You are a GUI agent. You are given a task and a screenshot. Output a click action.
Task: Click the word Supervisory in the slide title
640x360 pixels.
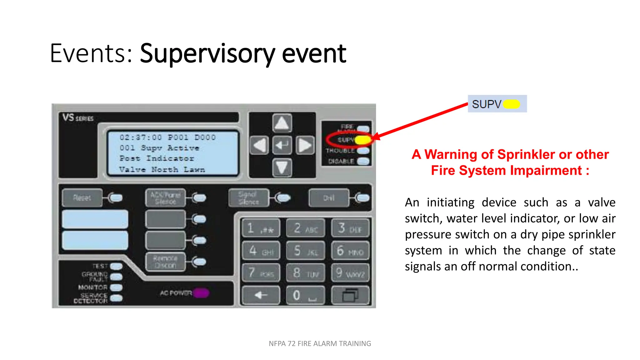click(207, 54)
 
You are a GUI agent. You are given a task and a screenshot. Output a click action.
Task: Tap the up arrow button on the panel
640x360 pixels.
click(282, 123)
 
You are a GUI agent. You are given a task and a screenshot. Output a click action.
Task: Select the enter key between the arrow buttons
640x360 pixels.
click(282, 145)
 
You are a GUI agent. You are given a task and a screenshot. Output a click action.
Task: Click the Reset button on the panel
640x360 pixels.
click(82, 197)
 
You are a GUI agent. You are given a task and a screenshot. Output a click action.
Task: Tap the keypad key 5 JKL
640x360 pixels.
click(305, 251)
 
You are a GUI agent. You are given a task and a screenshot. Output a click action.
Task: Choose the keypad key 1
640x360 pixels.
click(261, 228)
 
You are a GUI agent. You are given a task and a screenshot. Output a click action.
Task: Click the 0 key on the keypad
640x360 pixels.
click(305, 295)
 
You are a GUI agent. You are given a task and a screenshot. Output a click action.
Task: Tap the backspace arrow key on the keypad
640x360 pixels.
click(261, 295)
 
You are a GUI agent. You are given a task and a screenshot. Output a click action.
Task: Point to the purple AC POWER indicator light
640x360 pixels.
click(201, 293)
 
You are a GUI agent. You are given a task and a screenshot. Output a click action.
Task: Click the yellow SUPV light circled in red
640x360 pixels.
click(363, 140)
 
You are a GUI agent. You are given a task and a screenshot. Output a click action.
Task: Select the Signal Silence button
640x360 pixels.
click(249, 198)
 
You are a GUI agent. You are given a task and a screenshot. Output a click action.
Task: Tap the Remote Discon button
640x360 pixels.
click(165, 262)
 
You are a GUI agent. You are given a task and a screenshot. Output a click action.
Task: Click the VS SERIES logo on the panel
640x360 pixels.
click(78, 118)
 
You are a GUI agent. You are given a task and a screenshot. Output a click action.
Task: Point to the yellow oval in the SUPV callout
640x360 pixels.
click(512, 104)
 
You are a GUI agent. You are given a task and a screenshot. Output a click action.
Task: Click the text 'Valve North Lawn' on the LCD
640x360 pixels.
click(162, 170)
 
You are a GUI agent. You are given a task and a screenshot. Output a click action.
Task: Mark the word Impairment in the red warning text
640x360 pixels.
click(546, 171)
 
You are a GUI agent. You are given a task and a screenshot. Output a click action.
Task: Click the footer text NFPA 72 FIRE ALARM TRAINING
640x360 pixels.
click(320, 343)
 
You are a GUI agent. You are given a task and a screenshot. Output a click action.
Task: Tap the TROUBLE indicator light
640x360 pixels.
click(363, 151)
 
